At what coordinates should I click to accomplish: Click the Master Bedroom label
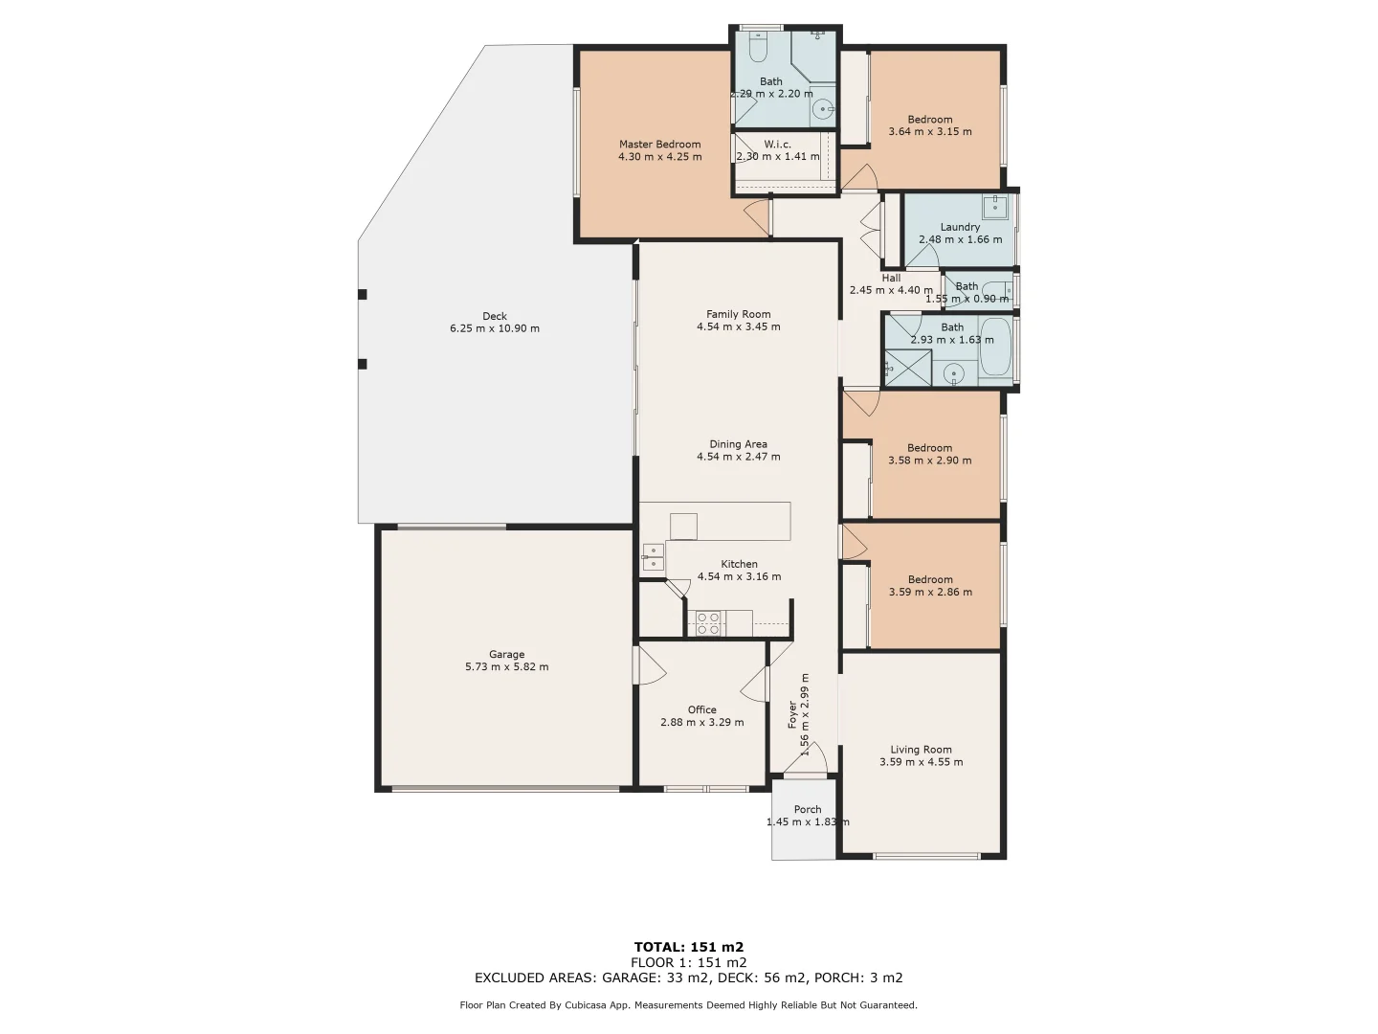coord(659,145)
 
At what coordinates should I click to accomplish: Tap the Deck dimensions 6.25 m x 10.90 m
coord(495,328)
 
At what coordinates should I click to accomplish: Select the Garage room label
coord(506,655)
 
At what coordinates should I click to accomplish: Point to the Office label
coord(701,709)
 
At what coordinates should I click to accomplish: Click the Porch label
coord(807,809)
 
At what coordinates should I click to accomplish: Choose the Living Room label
coord(921,750)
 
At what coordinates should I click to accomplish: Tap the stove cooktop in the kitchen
coord(708,622)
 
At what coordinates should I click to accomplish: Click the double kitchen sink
coord(653,556)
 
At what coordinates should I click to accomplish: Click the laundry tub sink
coord(996,206)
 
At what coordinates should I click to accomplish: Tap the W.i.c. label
coord(777,144)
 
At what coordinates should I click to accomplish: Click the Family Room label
coord(738,314)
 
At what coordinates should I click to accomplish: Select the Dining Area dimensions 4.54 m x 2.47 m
coord(738,457)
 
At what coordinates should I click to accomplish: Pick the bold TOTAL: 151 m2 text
coord(688,947)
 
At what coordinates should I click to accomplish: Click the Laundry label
coord(960,227)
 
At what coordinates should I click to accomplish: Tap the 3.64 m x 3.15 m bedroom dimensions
coord(929,132)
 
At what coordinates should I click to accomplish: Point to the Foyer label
coord(792,714)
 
